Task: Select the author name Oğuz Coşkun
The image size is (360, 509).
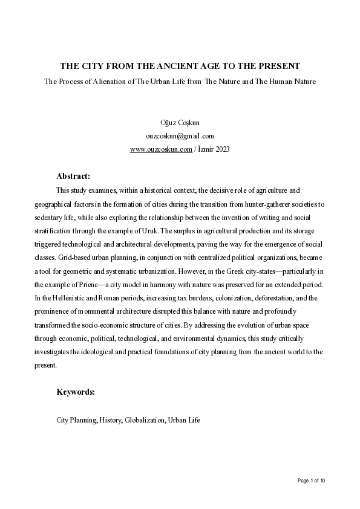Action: (x=180, y=123)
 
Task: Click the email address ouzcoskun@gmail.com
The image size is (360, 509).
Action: (x=180, y=136)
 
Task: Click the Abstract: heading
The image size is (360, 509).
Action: (x=73, y=177)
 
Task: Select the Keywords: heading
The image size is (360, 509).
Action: (x=76, y=392)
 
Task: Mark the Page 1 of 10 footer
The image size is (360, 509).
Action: (x=312, y=481)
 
